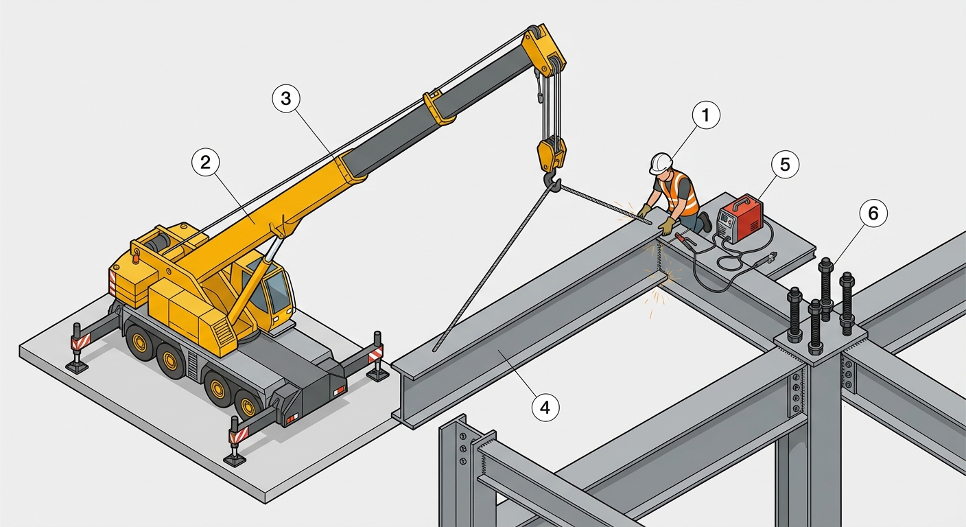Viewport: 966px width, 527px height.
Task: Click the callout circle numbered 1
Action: tap(706, 115)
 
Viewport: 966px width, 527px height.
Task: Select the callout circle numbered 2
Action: tap(206, 162)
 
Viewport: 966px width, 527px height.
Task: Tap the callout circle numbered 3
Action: tap(286, 99)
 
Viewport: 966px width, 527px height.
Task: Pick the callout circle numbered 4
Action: tap(545, 407)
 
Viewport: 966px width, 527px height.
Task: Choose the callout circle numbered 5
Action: tap(785, 164)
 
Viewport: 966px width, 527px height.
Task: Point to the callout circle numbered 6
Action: tap(873, 213)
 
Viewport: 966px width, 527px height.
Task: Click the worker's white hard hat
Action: tap(661, 163)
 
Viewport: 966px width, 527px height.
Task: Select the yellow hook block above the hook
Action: tap(551, 152)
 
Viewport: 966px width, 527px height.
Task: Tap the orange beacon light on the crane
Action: tap(137, 258)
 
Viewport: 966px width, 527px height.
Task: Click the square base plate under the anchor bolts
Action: tap(821, 342)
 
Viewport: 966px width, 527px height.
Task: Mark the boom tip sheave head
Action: tap(545, 47)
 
